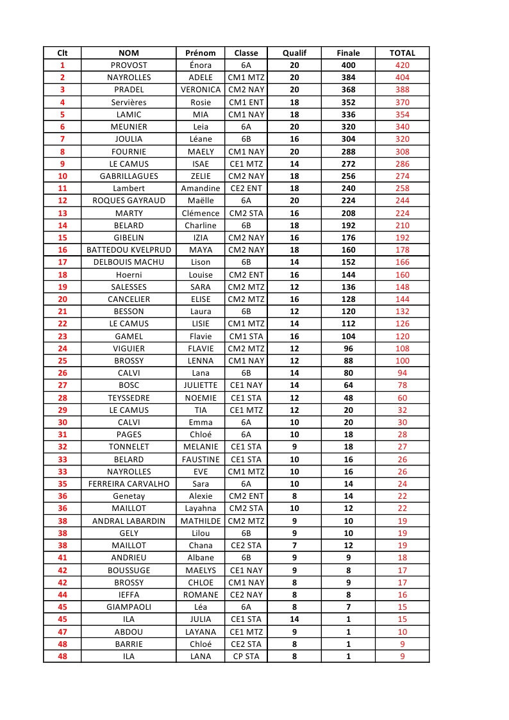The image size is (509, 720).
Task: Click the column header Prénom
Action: pyautogui.click(x=200, y=53)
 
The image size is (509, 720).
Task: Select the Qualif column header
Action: pyautogui.click(x=294, y=53)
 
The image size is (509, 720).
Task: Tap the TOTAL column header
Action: pyautogui.click(x=402, y=53)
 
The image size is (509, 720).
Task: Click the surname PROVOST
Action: pyautogui.click(x=129, y=65)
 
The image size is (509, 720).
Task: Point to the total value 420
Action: pyautogui.click(x=402, y=65)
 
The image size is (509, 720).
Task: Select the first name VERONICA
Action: pyautogui.click(x=200, y=90)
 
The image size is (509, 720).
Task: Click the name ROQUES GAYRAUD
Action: pyautogui.click(x=129, y=201)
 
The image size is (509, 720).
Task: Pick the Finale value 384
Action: pyautogui.click(x=348, y=78)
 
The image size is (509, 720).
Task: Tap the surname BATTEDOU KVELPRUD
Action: pyautogui.click(x=129, y=250)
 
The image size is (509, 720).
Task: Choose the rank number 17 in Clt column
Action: pyautogui.click(x=62, y=262)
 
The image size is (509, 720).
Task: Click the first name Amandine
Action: pyautogui.click(x=200, y=188)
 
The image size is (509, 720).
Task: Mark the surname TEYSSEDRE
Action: pyautogui.click(x=129, y=398)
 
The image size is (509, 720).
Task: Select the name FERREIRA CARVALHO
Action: pyautogui.click(x=129, y=484)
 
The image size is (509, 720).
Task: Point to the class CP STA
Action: pyautogui.click(x=246, y=657)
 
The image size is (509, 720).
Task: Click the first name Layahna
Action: pyautogui.click(x=200, y=508)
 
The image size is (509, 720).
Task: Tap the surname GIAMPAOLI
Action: pyautogui.click(x=129, y=607)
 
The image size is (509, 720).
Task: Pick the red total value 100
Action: pyautogui.click(x=402, y=361)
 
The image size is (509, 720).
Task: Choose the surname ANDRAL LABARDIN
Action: pyautogui.click(x=129, y=521)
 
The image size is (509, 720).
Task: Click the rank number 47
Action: pyautogui.click(x=62, y=632)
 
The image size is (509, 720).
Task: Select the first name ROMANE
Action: pyautogui.click(x=200, y=595)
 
